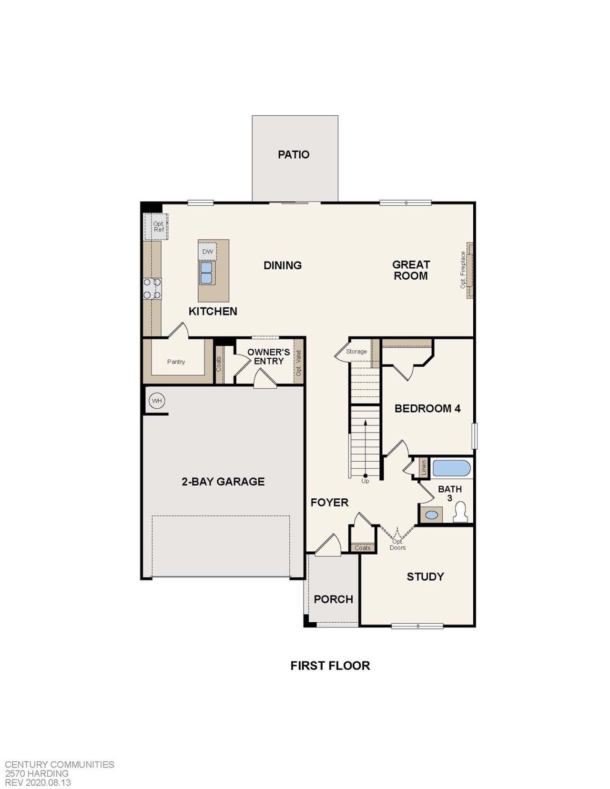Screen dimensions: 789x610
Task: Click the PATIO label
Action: pyautogui.click(x=294, y=154)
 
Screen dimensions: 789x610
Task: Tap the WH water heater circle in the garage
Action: pyautogui.click(x=157, y=401)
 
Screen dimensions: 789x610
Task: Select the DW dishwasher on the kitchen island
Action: pyautogui.click(x=207, y=252)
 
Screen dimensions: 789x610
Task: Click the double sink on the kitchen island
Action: pyautogui.click(x=207, y=273)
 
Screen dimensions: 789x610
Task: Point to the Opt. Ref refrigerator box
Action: pyautogui.click(x=158, y=227)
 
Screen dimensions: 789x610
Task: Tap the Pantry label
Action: pyautogui.click(x=176, y=362)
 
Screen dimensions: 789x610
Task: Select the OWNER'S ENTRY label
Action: pyautogui.click(x=268, y=356)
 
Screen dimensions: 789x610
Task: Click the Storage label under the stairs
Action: pyautogui.click(x=356, y=352)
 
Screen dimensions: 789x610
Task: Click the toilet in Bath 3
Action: pyautogui.click(x=460, y=513)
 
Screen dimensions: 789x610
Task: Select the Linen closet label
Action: pyautogui.click(x=423, y=467)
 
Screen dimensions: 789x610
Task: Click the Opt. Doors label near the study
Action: pyautogui.click(x=397, y=545)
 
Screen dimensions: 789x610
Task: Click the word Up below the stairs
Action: pyautogui.click(x=365, y=481)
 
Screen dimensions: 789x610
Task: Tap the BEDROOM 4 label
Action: pyautogui.click(x=427, y=408)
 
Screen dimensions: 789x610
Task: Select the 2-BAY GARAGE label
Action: pyautogui.click(x=223, y=482)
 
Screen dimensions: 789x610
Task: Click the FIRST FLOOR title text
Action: pyautogui.click(x=330, y=666)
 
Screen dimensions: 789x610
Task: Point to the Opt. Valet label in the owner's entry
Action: pyautogui.click(x=299, y=363)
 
